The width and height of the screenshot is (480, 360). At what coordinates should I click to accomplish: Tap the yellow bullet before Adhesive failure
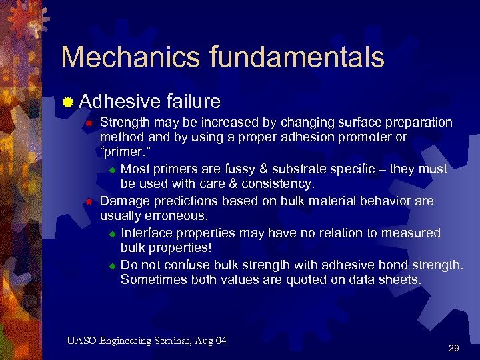point(67,102)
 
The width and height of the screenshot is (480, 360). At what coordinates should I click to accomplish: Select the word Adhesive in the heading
point(119,101)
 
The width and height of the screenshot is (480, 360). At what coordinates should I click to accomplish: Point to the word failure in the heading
point(193,101)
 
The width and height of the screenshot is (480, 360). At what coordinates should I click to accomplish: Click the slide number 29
point(454,348)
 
